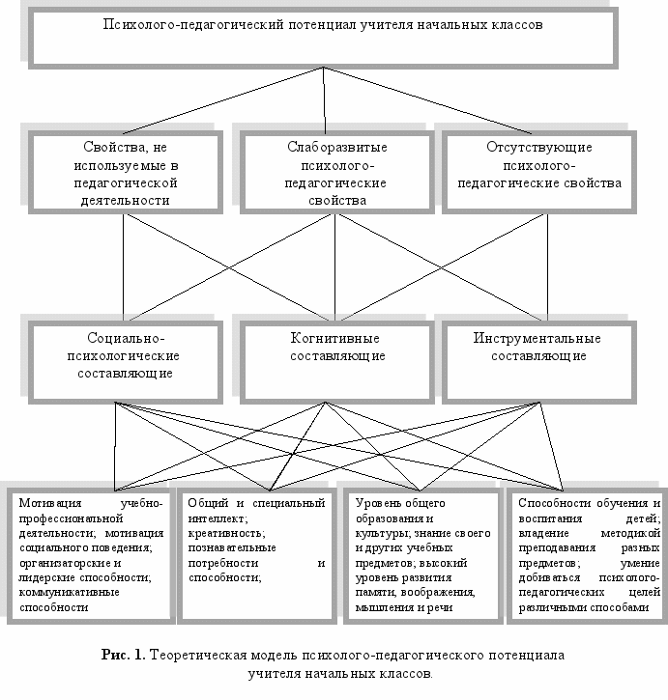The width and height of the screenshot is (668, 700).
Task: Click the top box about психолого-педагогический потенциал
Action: (322, 39)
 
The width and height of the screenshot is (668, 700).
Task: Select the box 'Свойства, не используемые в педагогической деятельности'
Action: (126, 173)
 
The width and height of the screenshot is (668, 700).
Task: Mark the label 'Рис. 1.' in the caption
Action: (123, 655)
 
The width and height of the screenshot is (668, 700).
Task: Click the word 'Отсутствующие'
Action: (539, 148)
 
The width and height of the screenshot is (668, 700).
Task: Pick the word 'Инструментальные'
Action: (537, 339)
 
